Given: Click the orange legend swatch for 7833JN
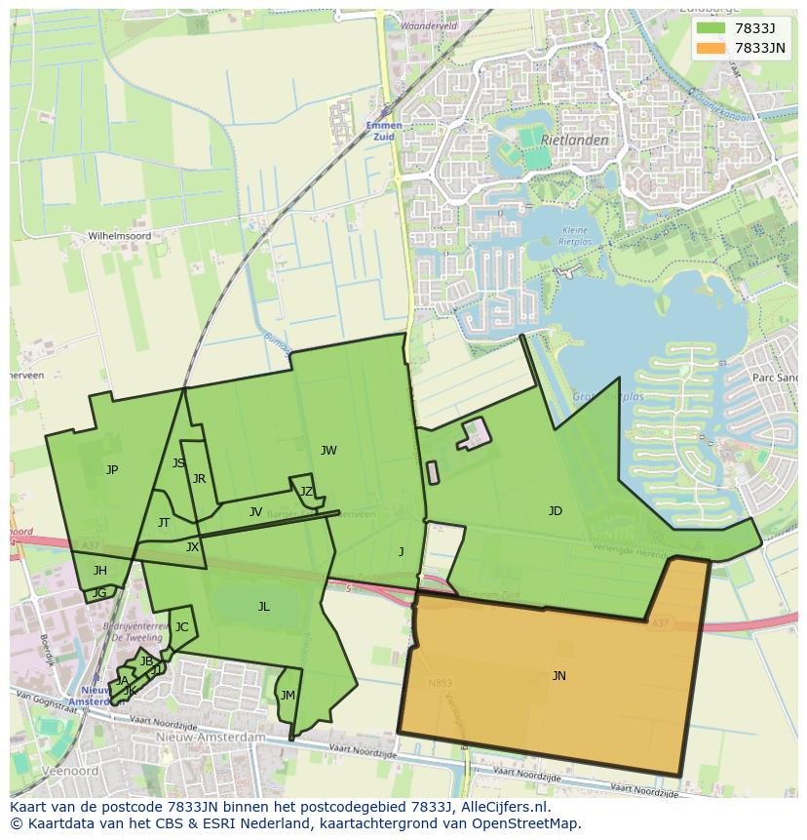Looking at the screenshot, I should pos(711,48).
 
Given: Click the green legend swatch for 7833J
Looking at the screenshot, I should pos(711,27).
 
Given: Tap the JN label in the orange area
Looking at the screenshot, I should pos(558,675).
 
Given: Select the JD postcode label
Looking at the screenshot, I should pos(555,510).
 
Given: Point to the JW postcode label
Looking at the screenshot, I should pos(328,450).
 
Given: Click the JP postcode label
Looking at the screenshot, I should pos(112,469).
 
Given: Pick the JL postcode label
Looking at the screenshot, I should pos(263,606).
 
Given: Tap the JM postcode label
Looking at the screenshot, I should pos(287,695).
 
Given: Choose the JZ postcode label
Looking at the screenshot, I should pos(306,491).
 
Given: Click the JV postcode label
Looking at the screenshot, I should pos(255,511).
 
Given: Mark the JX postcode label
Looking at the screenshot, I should pos(192,547).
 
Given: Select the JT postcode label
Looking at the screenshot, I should pos(163,522).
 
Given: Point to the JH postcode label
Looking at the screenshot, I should pos(99,570).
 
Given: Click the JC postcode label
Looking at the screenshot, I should pos(181,626).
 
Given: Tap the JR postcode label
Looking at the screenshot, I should pos(199,478).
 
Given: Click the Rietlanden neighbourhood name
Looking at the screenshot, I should pos(574,140).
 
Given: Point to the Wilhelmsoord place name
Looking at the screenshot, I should pos(120,236).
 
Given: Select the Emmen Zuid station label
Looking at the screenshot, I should pos(384,131).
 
